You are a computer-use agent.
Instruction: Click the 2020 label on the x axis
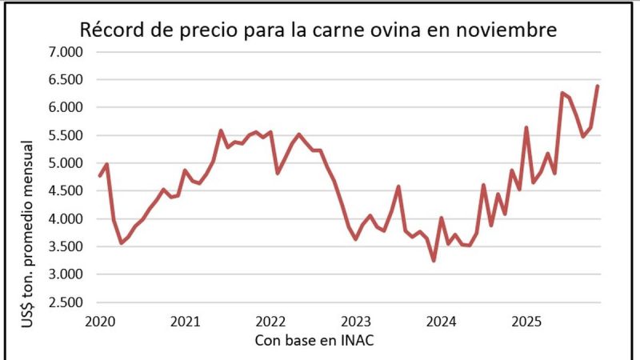(x=100, y=321)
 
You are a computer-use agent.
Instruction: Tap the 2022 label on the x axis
(x=271, y=321)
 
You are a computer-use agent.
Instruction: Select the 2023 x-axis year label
(x=356, y=321)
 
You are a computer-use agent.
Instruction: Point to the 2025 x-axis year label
(x=526, y=321)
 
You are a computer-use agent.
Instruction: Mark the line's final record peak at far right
(x=598, y=86)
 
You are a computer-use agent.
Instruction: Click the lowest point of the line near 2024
(x=434, y=260)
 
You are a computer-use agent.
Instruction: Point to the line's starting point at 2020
(x=100, y=176)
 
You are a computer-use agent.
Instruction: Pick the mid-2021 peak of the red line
(x=221, y=130)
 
